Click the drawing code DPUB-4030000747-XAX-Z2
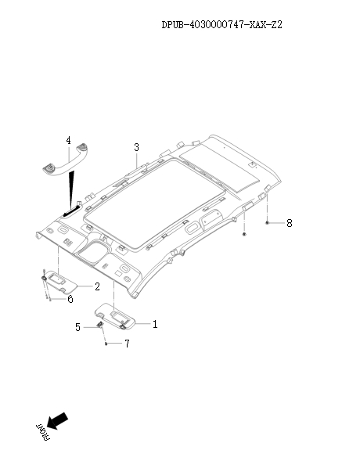tap(221, 25)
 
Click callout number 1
tap(154, 322)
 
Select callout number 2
tap(97, 286)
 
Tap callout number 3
tap(136, 147)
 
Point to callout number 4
tap(68, 141)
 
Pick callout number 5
tap(77, 327)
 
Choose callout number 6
tap(70, 298)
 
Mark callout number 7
tap(127, 344)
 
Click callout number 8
tap(289, 223)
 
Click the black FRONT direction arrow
tap(57, 421)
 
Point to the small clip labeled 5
tap(101, 325)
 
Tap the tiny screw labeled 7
tap(105, 343)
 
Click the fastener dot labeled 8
tap(267, 223)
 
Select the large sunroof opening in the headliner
tap(155, 205)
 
